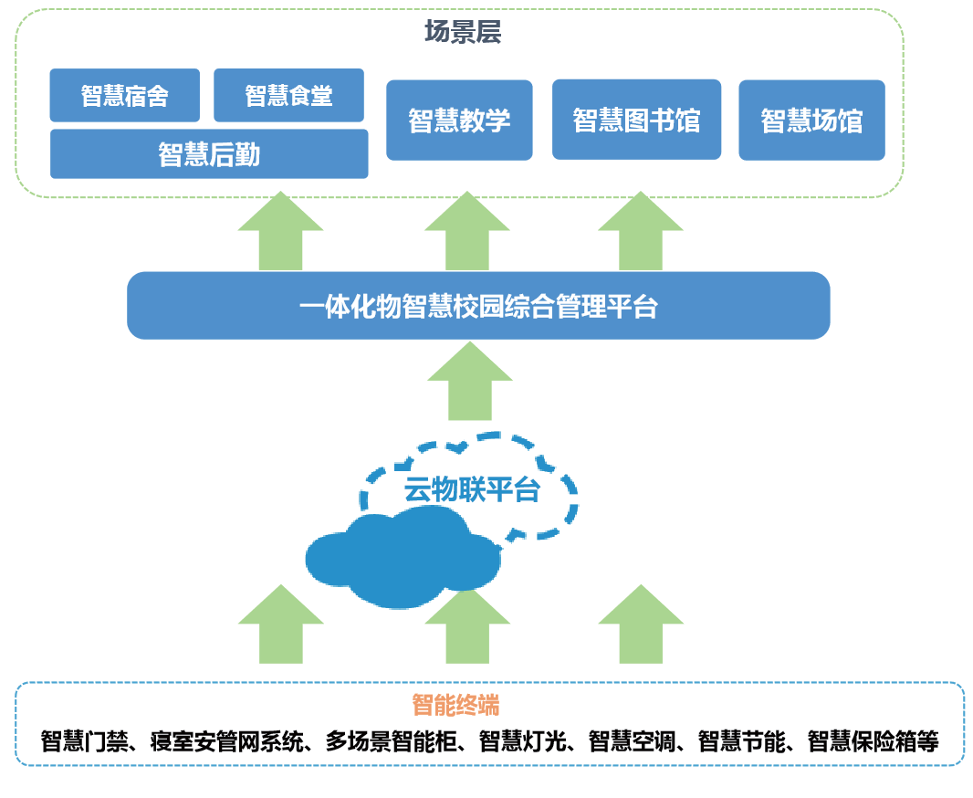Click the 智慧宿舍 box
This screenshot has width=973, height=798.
point(125,95)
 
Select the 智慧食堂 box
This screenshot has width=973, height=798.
point(288,95)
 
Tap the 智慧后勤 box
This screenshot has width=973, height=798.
point(209,154)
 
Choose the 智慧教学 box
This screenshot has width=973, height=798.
point(459,120)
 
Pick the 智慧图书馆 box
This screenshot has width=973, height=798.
point(637,119)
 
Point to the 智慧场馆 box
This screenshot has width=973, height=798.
point(811,120)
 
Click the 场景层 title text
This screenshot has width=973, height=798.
point(463,32)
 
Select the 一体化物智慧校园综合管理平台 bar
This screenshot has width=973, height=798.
point(478,305)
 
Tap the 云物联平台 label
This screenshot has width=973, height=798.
point(472,489)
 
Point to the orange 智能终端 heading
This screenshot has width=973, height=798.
point(456,705)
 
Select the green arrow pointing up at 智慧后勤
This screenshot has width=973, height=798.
point(280,230)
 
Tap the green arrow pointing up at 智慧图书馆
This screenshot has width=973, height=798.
point(641,230)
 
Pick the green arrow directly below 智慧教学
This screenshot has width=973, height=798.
point(467,230)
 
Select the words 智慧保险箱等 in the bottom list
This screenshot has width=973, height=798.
point(874,741)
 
